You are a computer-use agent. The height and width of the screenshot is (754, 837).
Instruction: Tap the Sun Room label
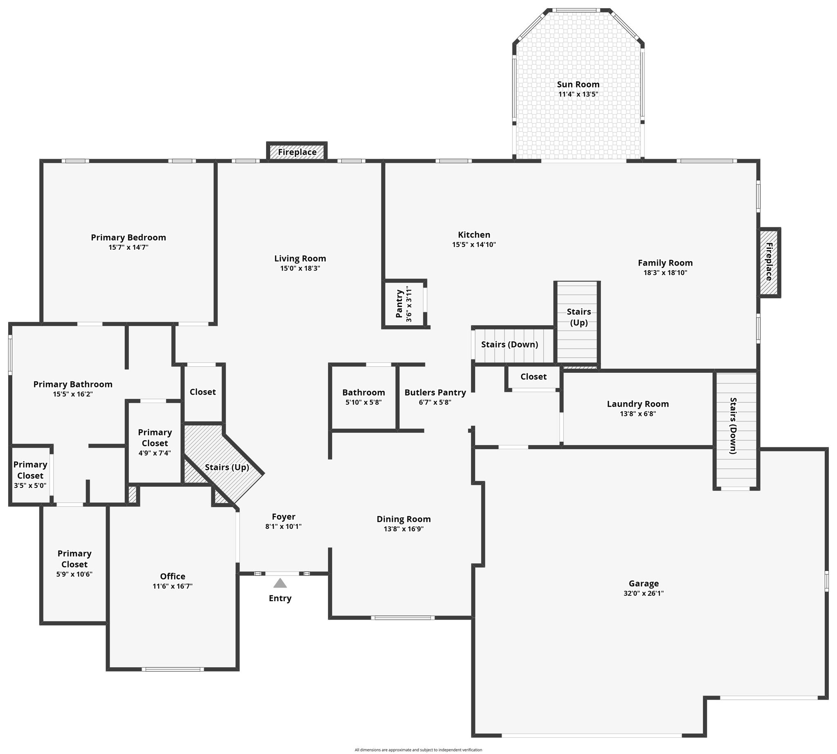coord(578,84)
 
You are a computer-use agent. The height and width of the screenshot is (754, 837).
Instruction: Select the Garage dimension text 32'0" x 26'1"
coord(644,593)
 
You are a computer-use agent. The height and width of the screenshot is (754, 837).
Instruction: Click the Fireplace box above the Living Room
coord(297,152)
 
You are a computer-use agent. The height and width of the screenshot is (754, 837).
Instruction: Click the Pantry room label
coord(399,304)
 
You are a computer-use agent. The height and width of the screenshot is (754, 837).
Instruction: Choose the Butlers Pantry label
coord(435,392)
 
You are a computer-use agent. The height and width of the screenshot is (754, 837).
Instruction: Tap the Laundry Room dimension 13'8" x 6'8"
coord(638,414)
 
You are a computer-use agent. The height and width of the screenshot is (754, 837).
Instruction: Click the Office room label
coord(172,576)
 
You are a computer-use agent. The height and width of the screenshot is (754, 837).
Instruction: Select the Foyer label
coord(283,517)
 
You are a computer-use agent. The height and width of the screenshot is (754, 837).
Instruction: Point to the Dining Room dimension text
coord(404,529)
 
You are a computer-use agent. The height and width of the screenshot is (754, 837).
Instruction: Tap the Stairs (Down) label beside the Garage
coord(733,426)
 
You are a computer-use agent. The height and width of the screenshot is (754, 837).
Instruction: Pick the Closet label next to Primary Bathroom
coord(203,392)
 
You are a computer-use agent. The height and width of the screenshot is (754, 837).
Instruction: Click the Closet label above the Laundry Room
coord(533,376)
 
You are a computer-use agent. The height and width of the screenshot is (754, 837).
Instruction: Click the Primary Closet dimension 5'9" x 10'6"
coord(74,574)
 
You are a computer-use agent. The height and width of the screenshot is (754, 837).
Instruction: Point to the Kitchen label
coord(474,235)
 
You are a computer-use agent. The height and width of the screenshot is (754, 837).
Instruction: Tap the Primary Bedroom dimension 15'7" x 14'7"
coord(128,247)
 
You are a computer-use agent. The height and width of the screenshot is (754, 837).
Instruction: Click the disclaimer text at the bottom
coord(418,750)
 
